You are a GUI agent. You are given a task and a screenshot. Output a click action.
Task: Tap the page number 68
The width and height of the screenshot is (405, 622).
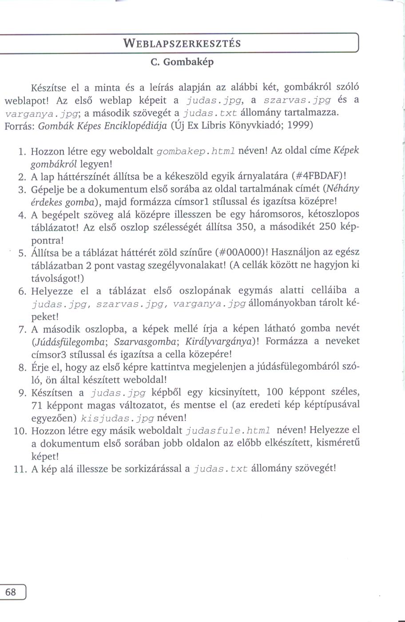tap(11, 592)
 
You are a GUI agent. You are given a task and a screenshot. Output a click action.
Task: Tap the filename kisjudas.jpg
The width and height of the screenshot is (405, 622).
tap(118, 418)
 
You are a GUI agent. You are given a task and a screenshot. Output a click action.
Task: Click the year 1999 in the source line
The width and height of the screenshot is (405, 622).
tap(300, 125)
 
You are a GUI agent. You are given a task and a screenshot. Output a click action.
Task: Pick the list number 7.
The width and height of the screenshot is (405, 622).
tap(23, 329)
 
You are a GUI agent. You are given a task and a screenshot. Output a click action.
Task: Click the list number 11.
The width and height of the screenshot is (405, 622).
tap(20, 469)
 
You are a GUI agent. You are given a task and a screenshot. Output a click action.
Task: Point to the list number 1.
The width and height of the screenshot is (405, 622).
tap(23, 151)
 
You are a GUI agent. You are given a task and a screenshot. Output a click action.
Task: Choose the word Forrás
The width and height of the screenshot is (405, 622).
tap(19, 125)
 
